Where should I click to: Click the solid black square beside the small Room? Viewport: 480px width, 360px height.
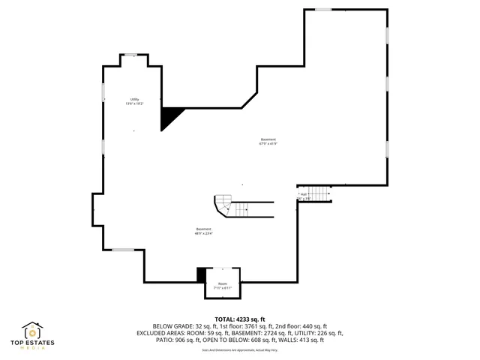tap(200, 275)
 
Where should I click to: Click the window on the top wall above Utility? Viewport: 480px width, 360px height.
tap(130, 55)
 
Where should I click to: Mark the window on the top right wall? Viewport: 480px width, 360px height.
tap(323, 9)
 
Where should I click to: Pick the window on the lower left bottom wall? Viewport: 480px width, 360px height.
tap(123, 250)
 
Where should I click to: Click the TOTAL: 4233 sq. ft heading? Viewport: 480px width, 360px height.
tap(240, 319)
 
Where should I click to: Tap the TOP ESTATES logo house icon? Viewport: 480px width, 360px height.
tap(32, 331)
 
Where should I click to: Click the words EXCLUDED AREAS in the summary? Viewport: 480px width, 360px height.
tap(161, 333)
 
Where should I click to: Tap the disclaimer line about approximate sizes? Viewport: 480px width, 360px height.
tap(240, 350)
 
